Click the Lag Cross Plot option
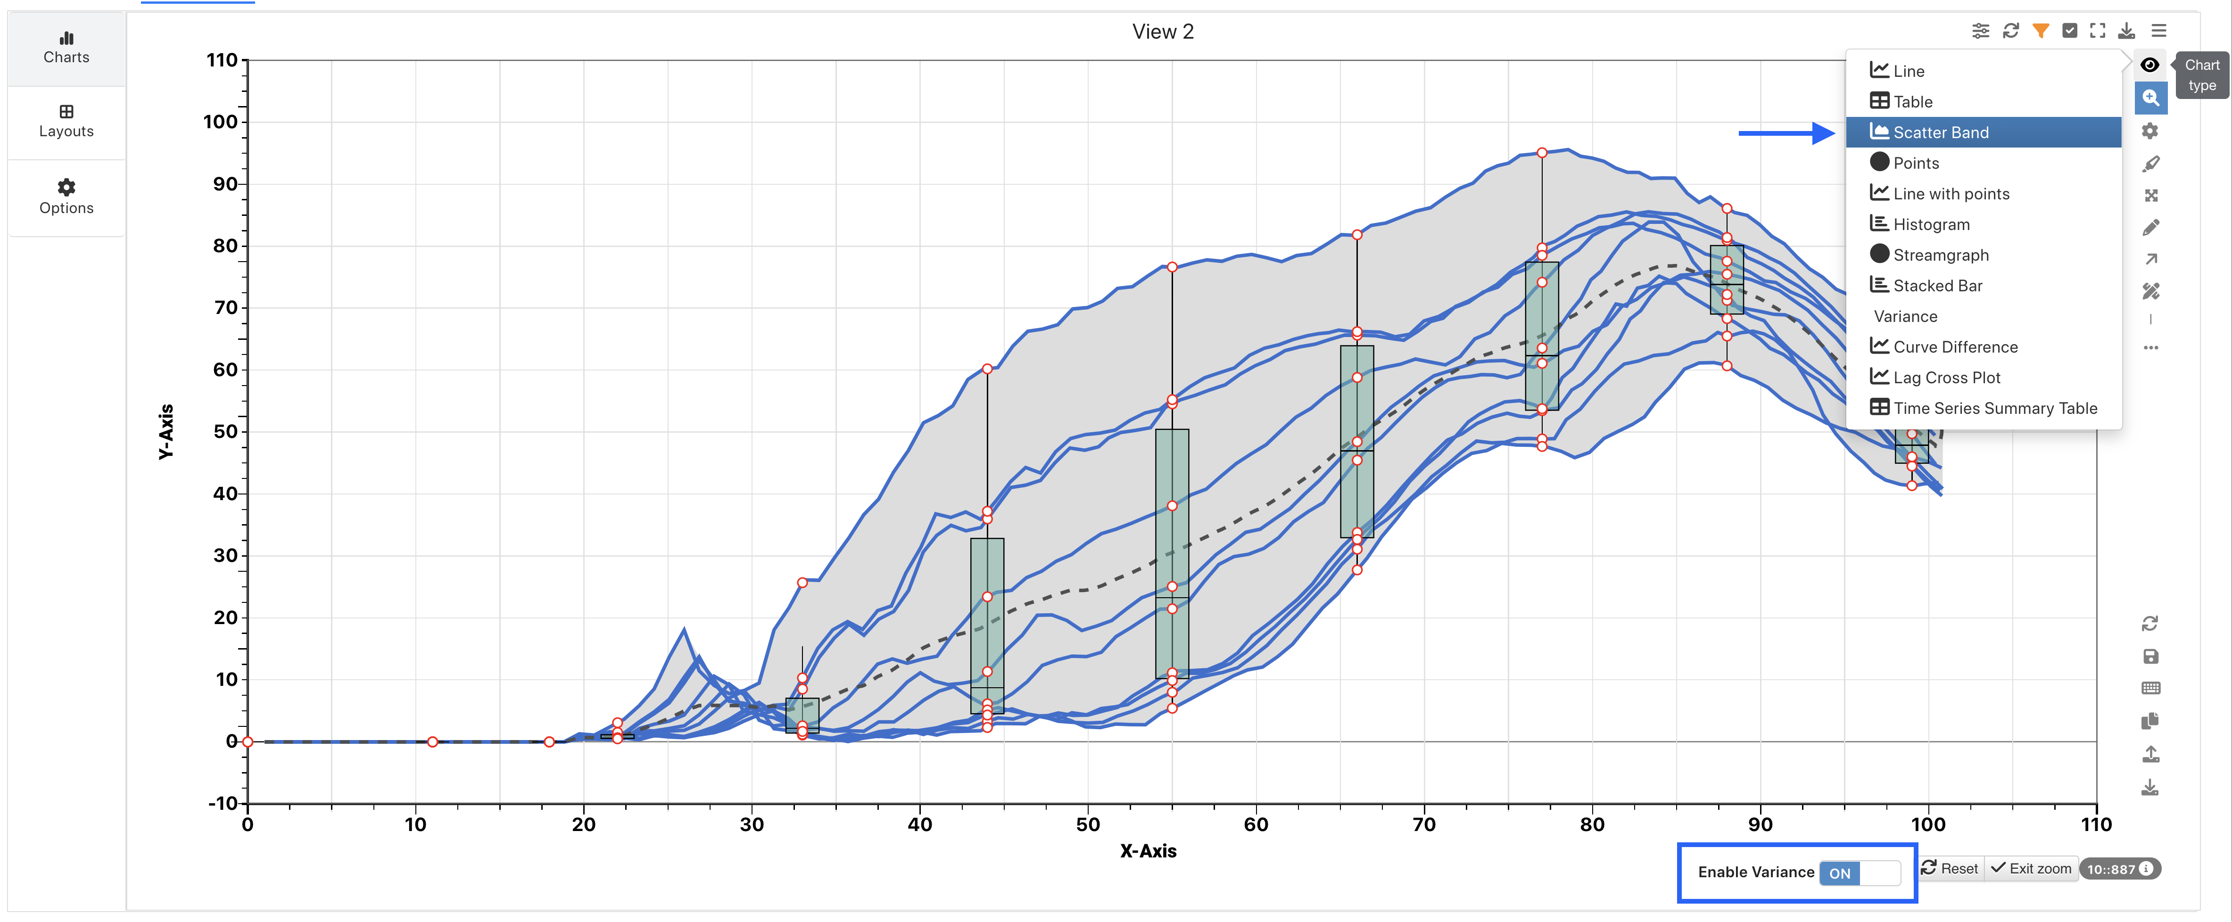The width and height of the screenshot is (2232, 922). (x=1946, y=378)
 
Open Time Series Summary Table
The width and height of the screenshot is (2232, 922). (x=1994, y=408)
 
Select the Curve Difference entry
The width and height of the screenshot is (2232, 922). (x=1955, y=346)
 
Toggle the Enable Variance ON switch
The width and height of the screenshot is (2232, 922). (x=1859, y=873)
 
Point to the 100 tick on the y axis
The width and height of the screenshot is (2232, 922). (x=220, y=122)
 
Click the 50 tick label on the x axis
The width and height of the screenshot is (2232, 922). (x=1087, y=824)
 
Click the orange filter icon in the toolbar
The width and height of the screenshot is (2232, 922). (x=2041, y=31)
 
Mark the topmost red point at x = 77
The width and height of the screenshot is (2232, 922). (x=1541, y=153)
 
